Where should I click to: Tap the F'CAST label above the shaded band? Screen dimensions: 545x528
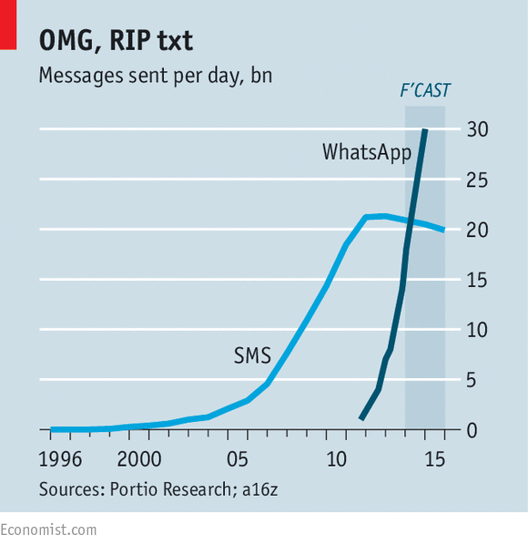tap(425, 90)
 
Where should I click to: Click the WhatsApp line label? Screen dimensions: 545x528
tap(367, 152)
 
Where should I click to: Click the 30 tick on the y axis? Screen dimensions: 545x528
tap(478, 129)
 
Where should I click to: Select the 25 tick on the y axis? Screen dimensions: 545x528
tap(478, 180)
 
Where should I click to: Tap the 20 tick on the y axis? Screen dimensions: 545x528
tap(478, 230)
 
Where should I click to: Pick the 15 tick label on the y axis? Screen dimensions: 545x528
tap(478, 280)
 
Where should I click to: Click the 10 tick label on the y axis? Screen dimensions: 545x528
tap(478, 330)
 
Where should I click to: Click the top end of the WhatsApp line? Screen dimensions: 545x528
tap(425, 130)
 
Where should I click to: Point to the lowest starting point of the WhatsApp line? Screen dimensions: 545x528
tap(361, 418)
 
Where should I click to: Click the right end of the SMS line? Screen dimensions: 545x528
tap(443, 230)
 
